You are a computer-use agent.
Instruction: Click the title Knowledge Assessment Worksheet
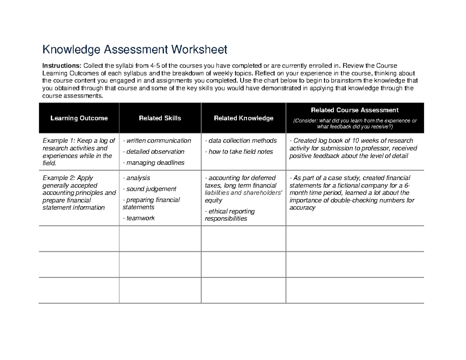click(x=134, y=50)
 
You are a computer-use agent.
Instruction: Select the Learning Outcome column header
click(x=79, y=118)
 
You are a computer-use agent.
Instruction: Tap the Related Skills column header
click(x=160, y=118)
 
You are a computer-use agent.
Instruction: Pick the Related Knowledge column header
click(x=243, y=118)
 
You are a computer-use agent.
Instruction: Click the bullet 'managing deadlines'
click(x=153, y=163)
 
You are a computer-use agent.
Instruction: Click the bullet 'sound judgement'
click(x=150, y=189)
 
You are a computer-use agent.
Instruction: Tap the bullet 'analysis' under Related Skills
click(x=136, y=178)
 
